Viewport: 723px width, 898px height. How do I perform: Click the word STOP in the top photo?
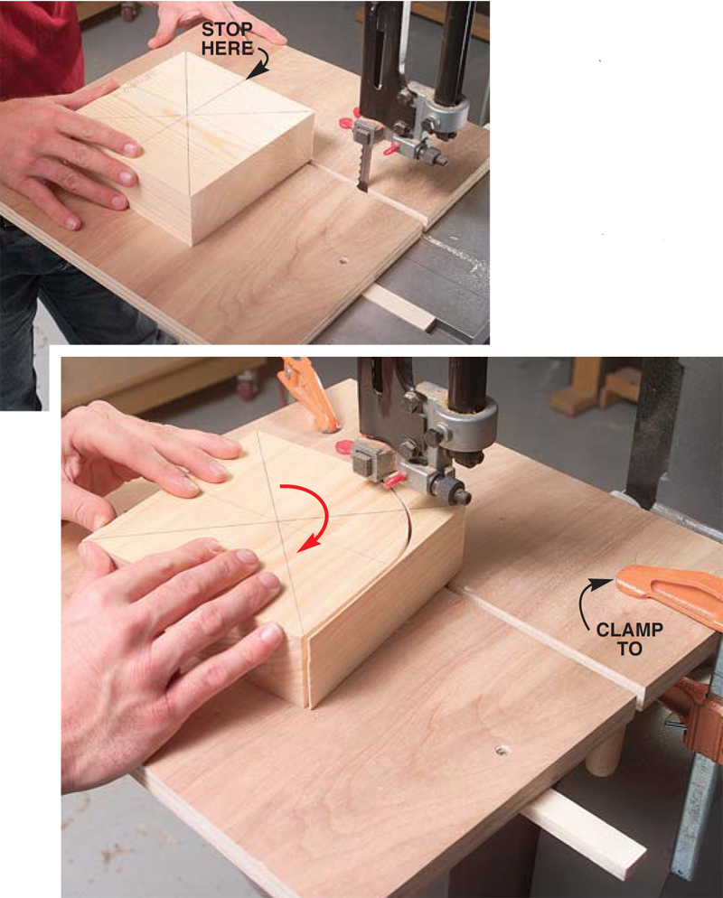[227, 30]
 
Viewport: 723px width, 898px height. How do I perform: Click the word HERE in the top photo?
[227, 48]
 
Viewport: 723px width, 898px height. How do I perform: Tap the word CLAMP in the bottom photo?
[630, 631]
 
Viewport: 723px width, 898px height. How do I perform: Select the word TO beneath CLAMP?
[630, 649]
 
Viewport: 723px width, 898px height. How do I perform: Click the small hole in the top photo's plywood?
[343, 260]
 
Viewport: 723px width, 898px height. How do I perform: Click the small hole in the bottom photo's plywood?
[502, 749]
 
